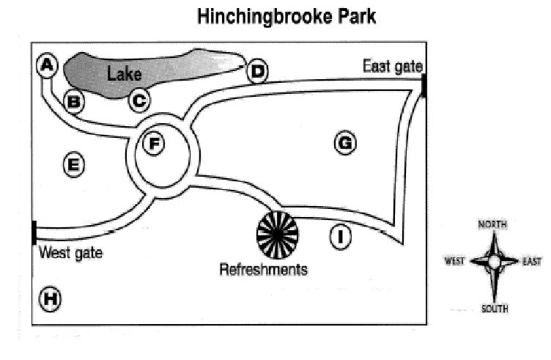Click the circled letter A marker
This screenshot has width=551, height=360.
coord(48,66)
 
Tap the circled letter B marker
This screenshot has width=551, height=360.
coord(73,101)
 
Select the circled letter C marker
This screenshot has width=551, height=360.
coord(139,100)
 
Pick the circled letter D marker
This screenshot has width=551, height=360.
coord(257,71)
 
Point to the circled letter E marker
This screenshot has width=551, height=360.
coord(73,165)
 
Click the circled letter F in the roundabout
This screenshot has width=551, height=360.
coord(153,143)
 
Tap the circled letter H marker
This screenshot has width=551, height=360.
coord(51,298)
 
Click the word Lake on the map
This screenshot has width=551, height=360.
coord(125,73)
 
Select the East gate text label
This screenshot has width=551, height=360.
coord(393,67)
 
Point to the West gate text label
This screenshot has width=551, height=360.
coord(70,254)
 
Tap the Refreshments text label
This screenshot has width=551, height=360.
coord(264,270)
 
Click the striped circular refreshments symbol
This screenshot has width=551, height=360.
coord(278,233)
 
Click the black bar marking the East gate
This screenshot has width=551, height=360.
coord(424,85)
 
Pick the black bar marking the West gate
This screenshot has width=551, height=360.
coord(34,232)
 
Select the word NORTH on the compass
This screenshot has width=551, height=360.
coord(493,224)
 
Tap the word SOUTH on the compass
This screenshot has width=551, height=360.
coord(494,309)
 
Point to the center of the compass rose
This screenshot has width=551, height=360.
coord(494,262)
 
